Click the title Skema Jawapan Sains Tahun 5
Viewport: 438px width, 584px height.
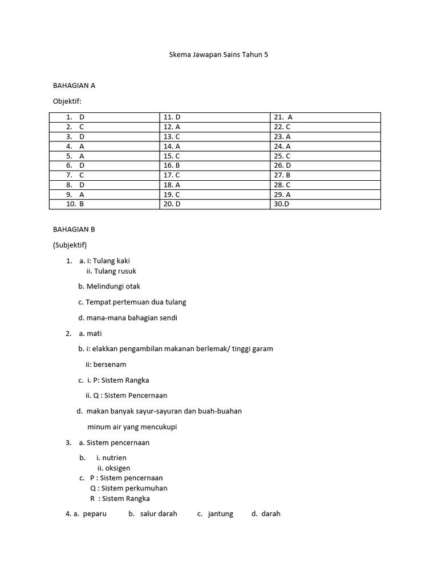click(218, 55)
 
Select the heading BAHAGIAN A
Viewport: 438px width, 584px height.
click(74, 86)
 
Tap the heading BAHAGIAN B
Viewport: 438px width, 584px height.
click(74, 229)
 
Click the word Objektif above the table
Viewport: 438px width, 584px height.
click(67, 101)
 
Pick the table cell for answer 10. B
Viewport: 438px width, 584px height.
click(75, 204)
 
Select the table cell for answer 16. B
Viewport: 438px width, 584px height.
click(172, 165)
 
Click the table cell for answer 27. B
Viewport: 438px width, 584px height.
click(282, 175)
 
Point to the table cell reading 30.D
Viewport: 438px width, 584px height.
click(282, 204)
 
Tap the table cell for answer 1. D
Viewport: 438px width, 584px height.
click(75, 117)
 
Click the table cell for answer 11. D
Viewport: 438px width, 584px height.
click(172, 117)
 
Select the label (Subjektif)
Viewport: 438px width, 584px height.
click(70, 245)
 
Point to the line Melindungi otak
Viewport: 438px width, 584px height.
click(113, 286)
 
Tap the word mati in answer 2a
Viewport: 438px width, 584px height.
click(94, 334)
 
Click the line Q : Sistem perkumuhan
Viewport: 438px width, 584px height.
click(128, 488)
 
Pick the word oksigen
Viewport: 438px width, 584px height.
click(117, 468)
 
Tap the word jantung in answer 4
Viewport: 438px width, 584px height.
click(220, 514)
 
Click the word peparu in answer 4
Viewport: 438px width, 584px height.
click(95, 514)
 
